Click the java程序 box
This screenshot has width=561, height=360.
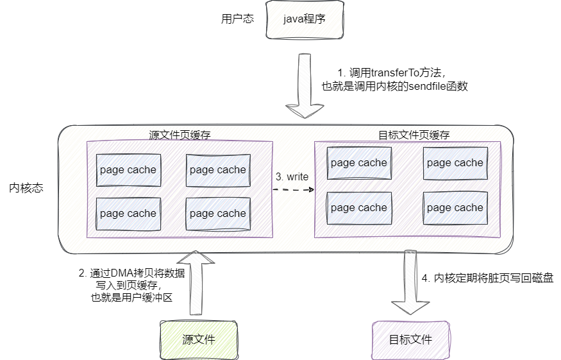click(x=305, y=19)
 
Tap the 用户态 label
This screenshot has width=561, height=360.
click(x=237, y=19)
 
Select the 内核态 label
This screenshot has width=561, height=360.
click(x=26, y=189)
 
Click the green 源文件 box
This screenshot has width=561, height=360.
click(x=198, y=339)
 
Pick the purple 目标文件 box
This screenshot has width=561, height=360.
click(x=410, y=339)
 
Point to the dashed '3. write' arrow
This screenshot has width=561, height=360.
click(x=293, y=190)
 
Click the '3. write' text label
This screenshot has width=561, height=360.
click(x=292, y=176)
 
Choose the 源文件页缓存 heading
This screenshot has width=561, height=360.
click(x=180, y=135)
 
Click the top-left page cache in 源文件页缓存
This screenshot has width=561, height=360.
click(x=128, y=170)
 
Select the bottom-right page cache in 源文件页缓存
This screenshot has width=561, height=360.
click(x=217, y=214)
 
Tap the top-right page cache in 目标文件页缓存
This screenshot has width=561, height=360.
click(x=455, y=163)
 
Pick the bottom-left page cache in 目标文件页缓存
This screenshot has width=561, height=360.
click(x=358, y=208)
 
